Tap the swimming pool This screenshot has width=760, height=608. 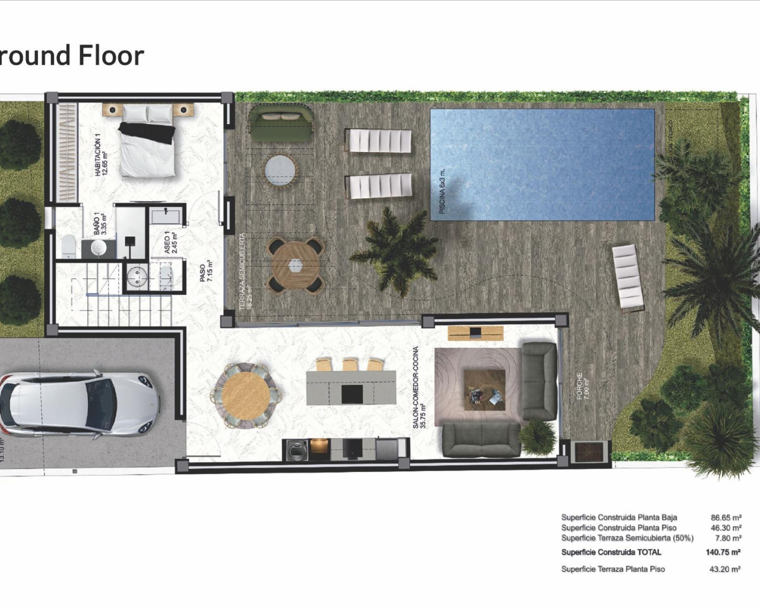tap(541, 164)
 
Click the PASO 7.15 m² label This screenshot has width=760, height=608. tap(206, 274)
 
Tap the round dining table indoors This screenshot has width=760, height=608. tap(245, 394)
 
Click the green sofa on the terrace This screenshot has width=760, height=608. tap(280, 122)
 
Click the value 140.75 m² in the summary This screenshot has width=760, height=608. tap(723, 552)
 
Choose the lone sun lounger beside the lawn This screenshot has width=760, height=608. tap(628, 277)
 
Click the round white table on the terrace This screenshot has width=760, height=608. tap(280, 170)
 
